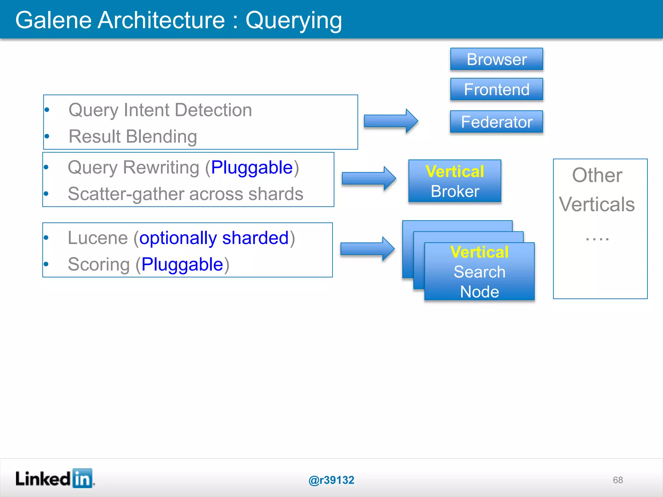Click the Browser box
(x=496, y=59)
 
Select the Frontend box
(x=496, y=89)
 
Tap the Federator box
(x=496, y=122)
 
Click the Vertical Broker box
(x=455, y=181)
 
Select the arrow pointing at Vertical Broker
(x=369, y=178)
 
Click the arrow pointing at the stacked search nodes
(x=367, y=249)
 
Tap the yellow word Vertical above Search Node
(x=479, y=252)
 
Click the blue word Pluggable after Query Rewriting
(x=252, y=168)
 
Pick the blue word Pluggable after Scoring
(x=182, y=264)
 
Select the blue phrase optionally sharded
(x=214, y=238)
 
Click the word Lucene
(x=98, y=238)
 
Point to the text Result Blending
(x=133, y=136)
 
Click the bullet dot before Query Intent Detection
(x=47, y=110)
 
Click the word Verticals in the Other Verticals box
(x=597, y=204)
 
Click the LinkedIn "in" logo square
(x=82, y=478)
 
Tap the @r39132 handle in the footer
(x=331, y=480)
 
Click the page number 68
(x=618, y=480)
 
